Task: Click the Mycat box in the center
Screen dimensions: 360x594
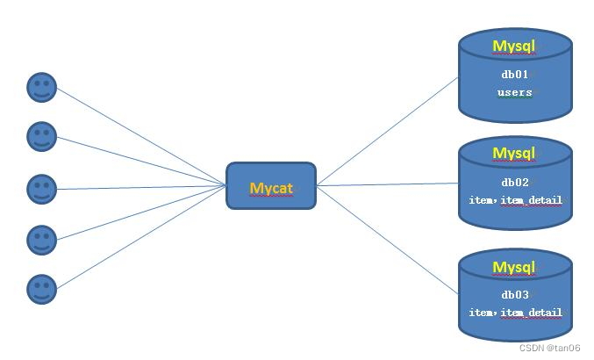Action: pos(270,186)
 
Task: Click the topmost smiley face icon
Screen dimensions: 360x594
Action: pos(42,88)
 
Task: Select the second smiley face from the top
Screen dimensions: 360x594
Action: pos(42,136)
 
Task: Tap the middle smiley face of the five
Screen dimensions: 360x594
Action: pos(42,188)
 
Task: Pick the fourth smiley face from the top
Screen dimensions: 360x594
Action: pos(42,239)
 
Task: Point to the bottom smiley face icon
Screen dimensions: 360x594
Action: pos(42,289)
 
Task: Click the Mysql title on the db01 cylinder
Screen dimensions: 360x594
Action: pos(513,47)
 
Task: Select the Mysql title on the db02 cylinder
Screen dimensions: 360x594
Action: pos(513,154)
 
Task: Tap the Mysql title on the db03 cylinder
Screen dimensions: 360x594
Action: pos(513,267)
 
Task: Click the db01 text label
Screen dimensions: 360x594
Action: pos(515,75)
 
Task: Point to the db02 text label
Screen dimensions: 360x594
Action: pos(515,183)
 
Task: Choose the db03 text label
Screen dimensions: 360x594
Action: pos(515,295)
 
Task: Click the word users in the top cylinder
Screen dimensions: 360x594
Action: pos(515,92)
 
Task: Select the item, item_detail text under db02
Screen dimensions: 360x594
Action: pos(515,201)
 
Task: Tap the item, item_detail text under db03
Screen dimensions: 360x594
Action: pos(515,313)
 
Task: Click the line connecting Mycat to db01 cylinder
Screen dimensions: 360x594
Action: pos(387,132)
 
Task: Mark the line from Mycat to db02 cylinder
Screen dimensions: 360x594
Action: pos(387,184)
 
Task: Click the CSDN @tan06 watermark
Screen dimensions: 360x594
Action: pos(549,348)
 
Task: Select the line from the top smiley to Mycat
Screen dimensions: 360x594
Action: pos(140,136)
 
